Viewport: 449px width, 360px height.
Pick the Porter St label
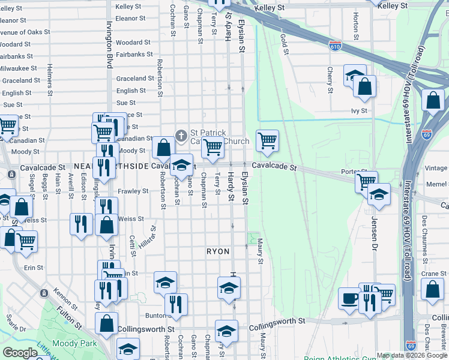349,172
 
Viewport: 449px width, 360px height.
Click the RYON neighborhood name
218,251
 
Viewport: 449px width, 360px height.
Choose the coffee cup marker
349,298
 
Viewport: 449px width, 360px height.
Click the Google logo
20,353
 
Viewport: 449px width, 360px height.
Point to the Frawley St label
133,191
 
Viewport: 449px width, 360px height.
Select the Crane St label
430,274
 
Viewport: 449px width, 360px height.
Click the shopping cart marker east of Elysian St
267,140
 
